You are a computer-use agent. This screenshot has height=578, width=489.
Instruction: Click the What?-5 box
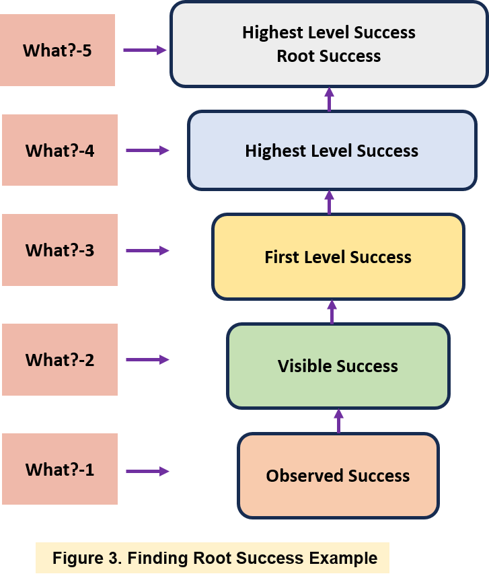click(x=57, y=50)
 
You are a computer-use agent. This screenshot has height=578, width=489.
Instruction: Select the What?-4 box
click(x=59, y=150)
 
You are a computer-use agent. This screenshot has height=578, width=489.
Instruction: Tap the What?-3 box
click(x=59, y=250)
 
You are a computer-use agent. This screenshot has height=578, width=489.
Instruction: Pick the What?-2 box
click(x=59, y=359)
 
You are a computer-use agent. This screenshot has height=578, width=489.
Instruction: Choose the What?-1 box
click(x=59, y=469)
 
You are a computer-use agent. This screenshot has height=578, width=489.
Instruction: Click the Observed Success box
click(x=338, y=476)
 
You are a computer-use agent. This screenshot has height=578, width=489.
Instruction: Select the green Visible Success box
click(x=338, y=366)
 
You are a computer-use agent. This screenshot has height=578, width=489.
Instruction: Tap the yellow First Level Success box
click(x=338, y=257)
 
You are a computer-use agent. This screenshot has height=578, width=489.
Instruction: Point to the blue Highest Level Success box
click(x=332, y=151)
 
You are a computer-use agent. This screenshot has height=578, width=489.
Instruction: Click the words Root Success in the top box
click(x=328, y=56)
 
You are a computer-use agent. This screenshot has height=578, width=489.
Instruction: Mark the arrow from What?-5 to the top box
click(x=145, y=50)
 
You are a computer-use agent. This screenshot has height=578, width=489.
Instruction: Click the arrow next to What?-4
click(x=147, y=151)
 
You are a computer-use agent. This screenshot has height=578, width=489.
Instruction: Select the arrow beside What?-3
click(x=147, y=250)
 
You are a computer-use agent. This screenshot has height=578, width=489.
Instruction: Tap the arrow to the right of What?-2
click(x=147, y=360)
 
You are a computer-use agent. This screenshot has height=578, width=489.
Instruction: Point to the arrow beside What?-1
click(x=147, y=471)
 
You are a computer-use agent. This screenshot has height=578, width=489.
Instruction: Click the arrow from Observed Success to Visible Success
click(x=338, y=421)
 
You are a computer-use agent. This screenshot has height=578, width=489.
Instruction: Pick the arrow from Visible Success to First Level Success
click(x=332, y=312)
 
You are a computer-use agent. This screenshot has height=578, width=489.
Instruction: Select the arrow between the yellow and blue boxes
click(x=329, y=202)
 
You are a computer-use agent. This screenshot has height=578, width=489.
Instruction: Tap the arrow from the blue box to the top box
click(x=329, y=99)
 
